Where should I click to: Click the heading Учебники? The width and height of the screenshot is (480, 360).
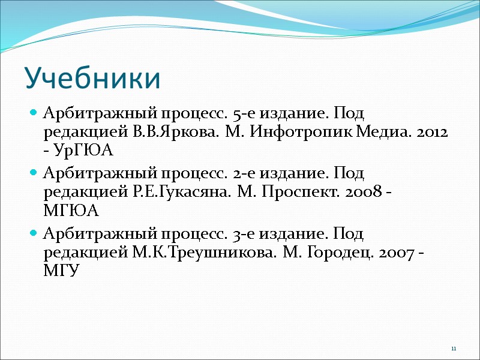(x=92, y=79)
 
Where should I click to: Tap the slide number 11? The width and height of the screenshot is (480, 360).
(x=454, y=349)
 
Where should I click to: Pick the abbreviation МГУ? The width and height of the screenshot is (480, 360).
(x=62, y=271)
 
